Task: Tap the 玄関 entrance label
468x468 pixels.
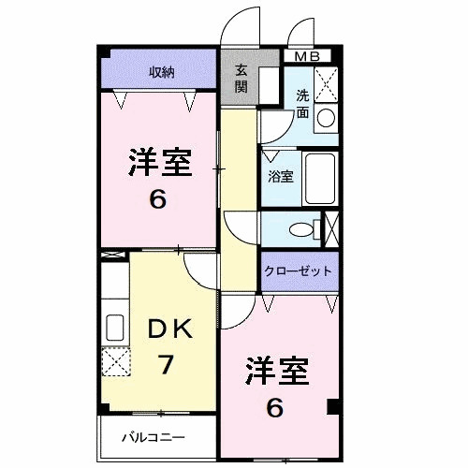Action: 241,80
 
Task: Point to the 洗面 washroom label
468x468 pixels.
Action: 303,103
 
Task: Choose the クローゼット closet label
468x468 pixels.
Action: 299,271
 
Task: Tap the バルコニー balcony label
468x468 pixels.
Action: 154,437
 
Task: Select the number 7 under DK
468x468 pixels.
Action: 165,364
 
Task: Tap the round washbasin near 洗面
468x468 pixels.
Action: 326,117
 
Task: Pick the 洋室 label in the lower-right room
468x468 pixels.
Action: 278,370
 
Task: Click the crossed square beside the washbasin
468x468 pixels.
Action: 326,85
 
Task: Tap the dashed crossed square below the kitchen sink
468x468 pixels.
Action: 115,360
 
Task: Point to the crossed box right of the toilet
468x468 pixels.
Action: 330,227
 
